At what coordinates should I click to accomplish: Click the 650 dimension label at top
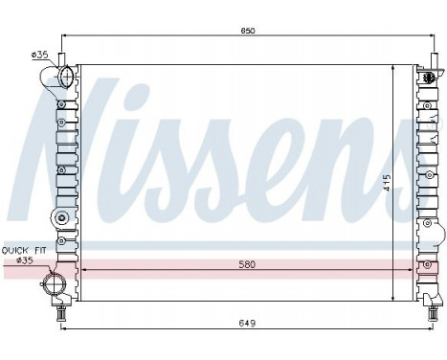tap(247, 31)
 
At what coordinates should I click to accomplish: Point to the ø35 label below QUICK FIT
tap(24, 259)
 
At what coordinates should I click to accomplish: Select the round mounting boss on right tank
tap(429, 230)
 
